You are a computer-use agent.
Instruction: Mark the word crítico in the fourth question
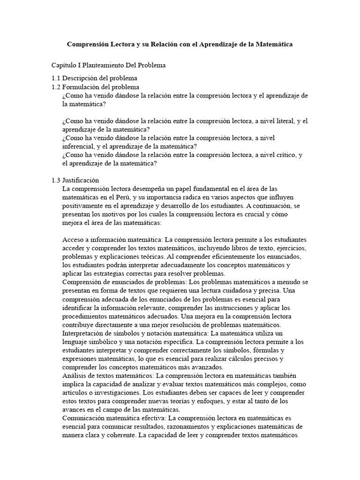tap(285, 155)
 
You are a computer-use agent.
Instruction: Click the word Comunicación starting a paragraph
tap(84, 418)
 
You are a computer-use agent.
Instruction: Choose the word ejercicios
tap(292, 248)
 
